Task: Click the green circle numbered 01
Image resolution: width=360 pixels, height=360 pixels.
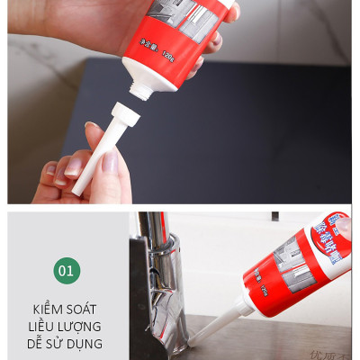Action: point(66,270)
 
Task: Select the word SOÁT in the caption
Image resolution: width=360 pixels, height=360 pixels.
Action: point(85,309)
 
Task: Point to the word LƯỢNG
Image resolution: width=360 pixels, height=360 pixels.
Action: point(83,326)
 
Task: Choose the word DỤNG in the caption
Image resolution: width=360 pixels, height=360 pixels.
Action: point(86,343)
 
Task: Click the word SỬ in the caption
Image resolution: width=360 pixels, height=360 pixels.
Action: point(59,343)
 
